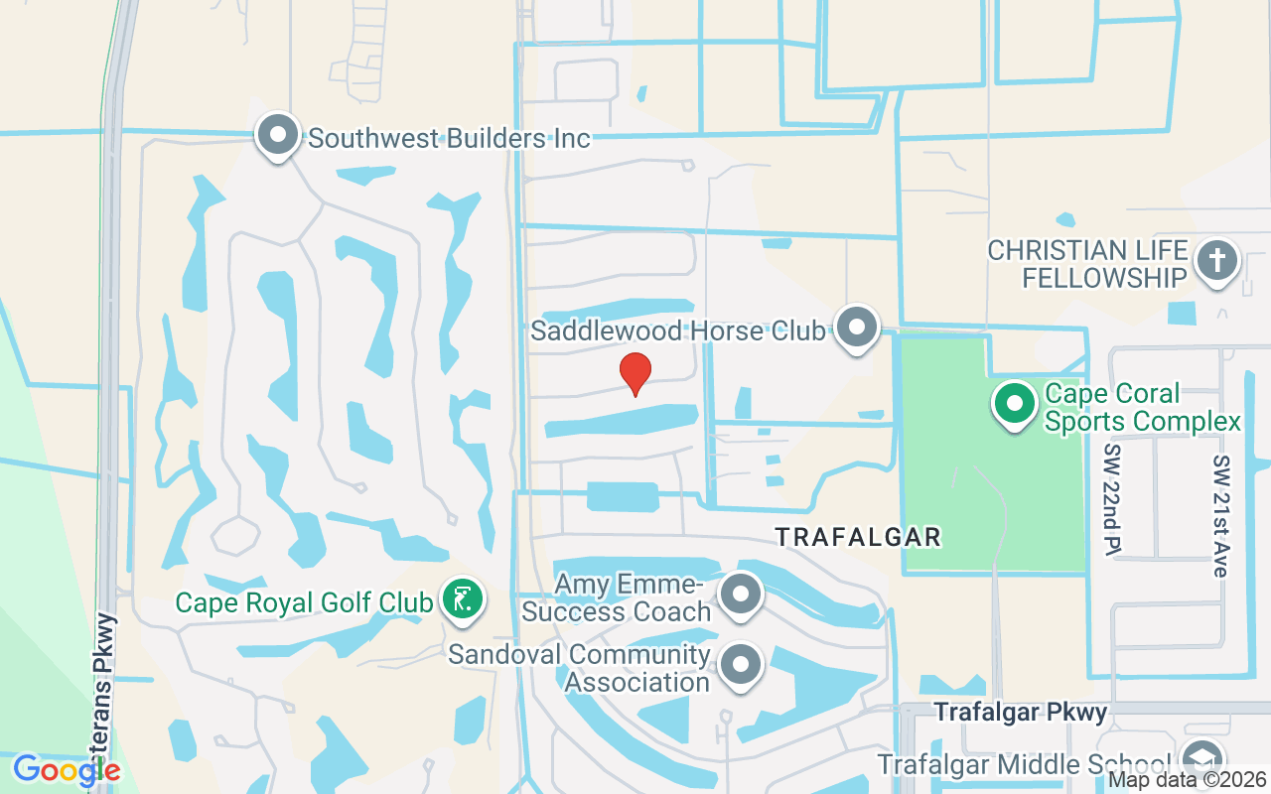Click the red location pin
pyautogui.click(x=635, y=373)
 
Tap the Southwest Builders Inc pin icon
pyautogui.click(x=278, y=135)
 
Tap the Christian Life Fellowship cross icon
pyautogui.click(x=1217, y=261)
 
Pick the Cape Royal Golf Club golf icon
pyautogui.click(x=463, y=599)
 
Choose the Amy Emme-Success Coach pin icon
pyautogui.click(x=739, y=595)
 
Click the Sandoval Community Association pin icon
pyautogui.click(x=741, y=665)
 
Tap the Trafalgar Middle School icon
pyautogui.click(x=1203, y=761)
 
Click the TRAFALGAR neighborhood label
pyautogui.click(x=858, y=537)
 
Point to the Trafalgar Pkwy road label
pyautogui.click(x=1021, y=712)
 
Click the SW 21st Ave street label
pyautogui.click(x=1220, y=516)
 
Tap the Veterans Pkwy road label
pyautogui.click(x=106, y=695)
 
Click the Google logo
pyautogui.click(x=67, y=769)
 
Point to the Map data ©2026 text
pyautogui.click(x=1187, y=780)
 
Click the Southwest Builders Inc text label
pyautogui.click(x=449, y=137)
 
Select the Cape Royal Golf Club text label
pyautogui.click(x=304, y=602)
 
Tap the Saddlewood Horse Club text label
pyautogui.click(x=677, y=331)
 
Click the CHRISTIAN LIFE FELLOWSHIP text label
pyautogui.click(x=1088, y=264)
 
